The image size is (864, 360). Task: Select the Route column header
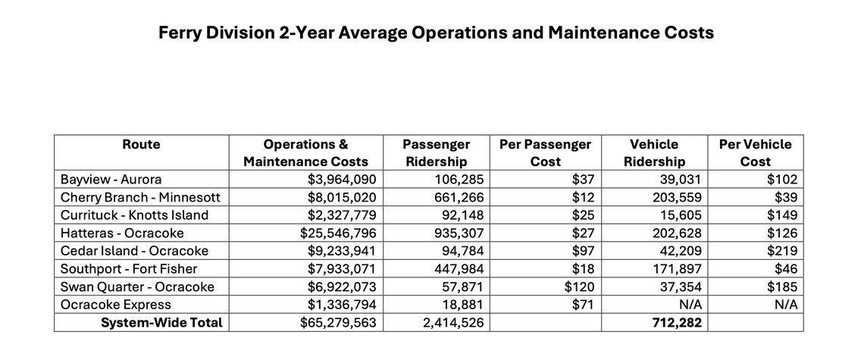[141, 144]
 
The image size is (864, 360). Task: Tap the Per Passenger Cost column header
[546, 152]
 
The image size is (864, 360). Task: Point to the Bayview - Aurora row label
[112, 180]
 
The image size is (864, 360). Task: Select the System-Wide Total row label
[162, 323]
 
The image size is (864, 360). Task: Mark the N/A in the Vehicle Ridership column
[693, 305]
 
